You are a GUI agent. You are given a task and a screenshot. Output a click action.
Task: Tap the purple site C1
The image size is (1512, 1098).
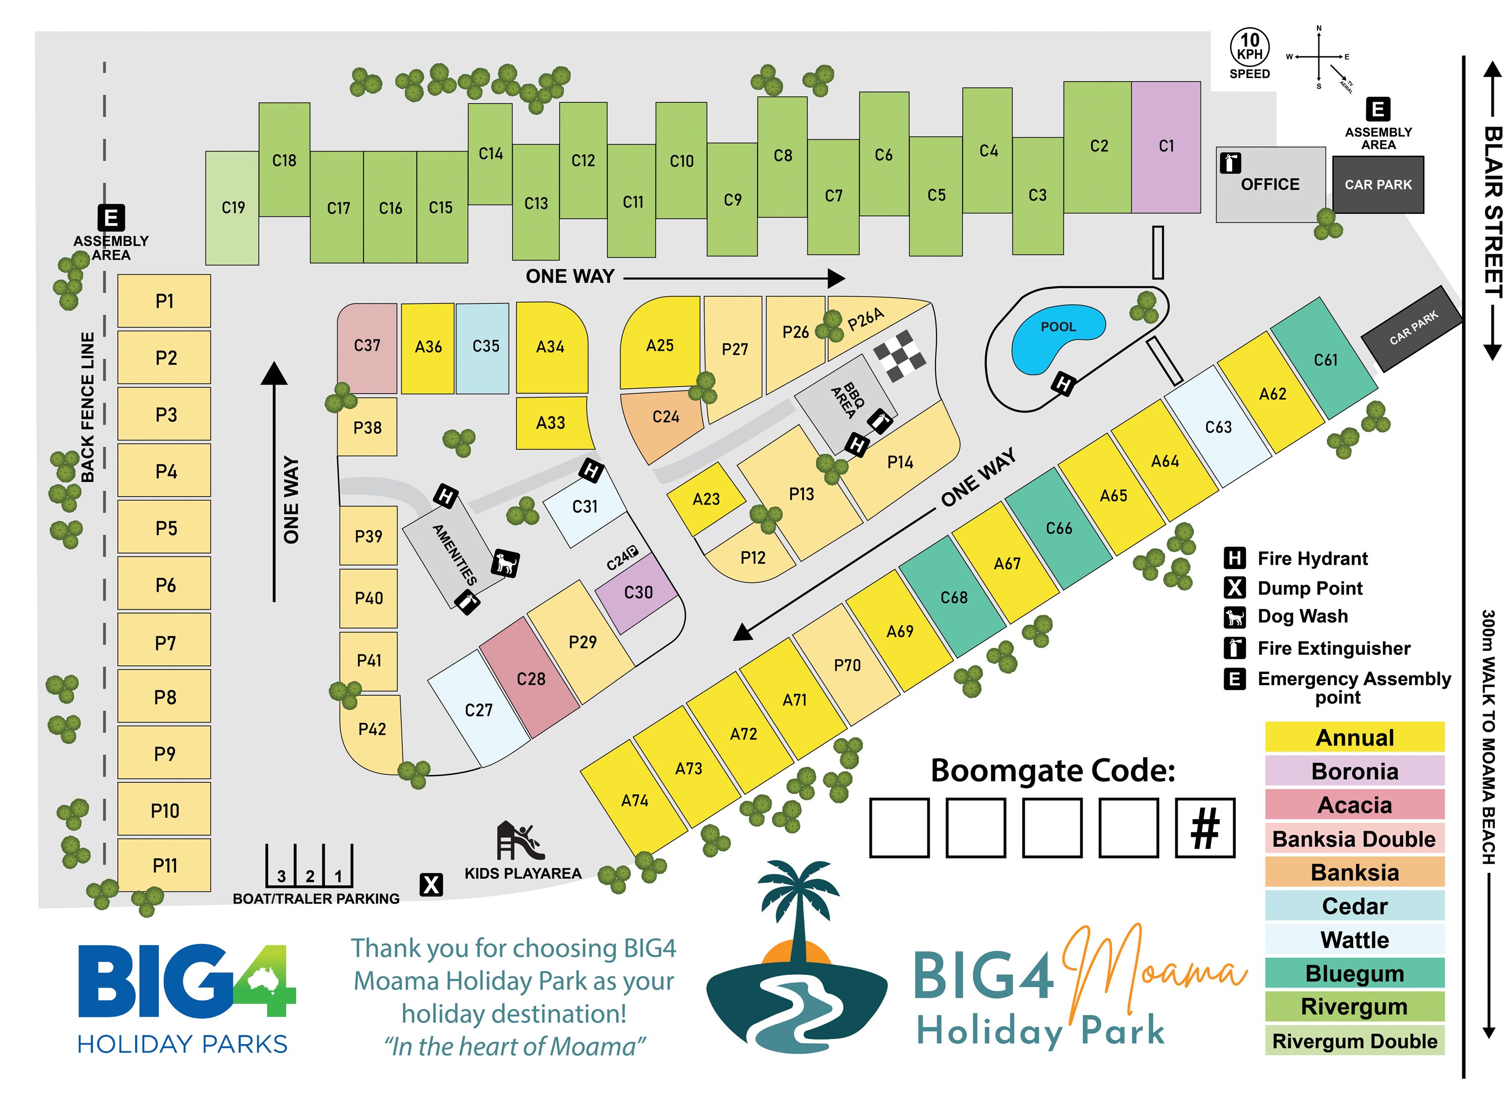point(1165,147)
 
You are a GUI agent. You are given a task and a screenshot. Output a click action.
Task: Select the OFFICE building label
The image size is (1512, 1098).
point(1270,185)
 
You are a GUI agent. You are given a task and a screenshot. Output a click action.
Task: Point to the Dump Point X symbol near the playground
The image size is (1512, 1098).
point(431,885)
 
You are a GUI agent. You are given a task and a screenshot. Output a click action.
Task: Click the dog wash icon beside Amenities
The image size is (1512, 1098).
point(506,563)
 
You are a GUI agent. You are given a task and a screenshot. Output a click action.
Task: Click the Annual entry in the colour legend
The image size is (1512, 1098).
point(1354,738)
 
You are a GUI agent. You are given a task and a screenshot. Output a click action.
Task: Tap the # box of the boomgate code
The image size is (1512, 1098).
point(1205,827)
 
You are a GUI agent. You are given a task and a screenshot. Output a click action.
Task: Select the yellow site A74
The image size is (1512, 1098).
point(634,800)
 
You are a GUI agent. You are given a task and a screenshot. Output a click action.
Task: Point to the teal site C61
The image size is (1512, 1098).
point(1325,360)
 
